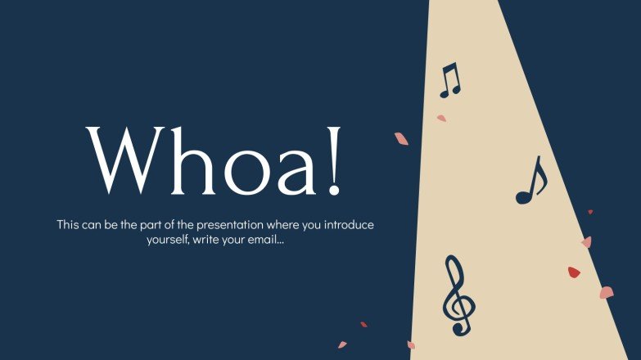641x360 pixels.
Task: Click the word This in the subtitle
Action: tap(69, 224)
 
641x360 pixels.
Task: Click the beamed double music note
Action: tap(450, 80)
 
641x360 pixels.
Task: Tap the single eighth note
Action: tap(530, 182)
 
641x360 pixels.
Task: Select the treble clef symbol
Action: tap(458, 295)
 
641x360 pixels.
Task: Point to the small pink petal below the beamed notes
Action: tap(441, 119)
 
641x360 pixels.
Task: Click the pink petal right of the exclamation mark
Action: tap(401, 138)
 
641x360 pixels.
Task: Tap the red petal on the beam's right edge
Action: tap(574, 272)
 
